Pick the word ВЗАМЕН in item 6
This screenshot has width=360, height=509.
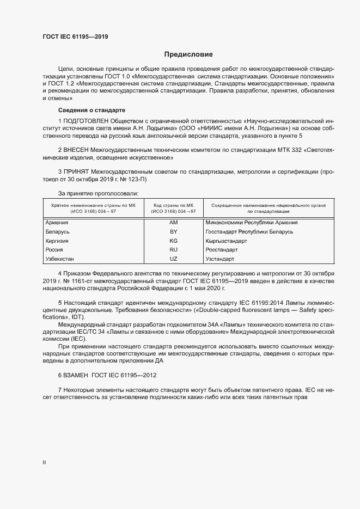click(x=78, y=376)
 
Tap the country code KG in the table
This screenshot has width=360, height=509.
click(x=174, y=241)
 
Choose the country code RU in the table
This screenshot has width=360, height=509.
click(x=174, y=250)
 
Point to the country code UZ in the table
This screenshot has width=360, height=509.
click(x=174, y=259)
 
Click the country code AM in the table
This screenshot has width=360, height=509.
click(x=174, y=223)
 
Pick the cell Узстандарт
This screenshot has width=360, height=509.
click(x=219, y=259)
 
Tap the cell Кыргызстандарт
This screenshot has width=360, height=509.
click(x=226, y=241)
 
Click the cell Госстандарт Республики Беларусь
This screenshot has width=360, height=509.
click(x=249, y=232)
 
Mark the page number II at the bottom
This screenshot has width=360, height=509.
click(x=44, y=462)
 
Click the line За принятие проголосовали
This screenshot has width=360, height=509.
click(x=98, y=193)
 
